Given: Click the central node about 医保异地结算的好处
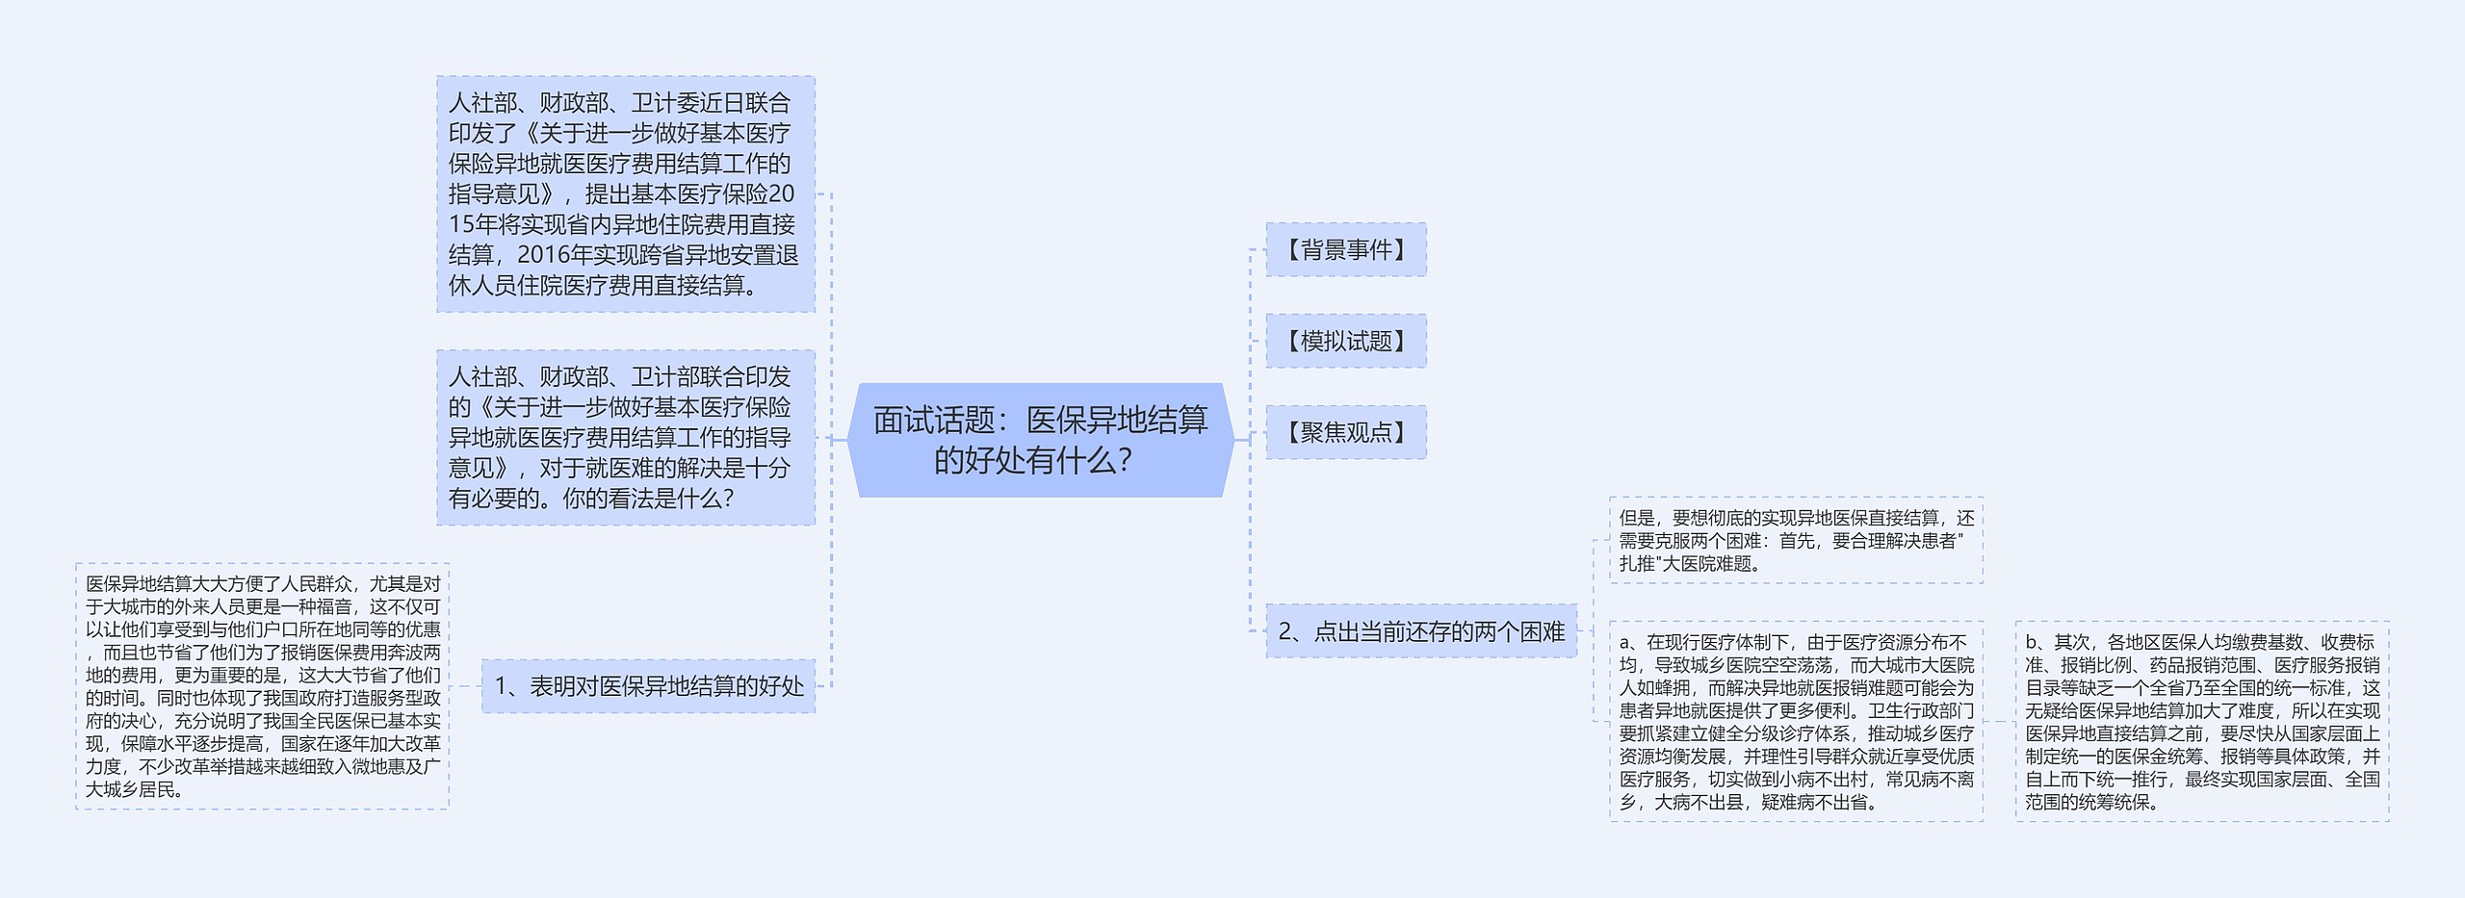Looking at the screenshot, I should pos(1040,440).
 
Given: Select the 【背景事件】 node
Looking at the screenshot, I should pos(1345,250).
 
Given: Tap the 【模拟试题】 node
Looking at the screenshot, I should pos(1345,341).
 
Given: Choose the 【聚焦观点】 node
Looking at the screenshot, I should pos(1345,432).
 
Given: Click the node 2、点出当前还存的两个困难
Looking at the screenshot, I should pos(1421,631).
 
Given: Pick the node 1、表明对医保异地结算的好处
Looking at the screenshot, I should pos(648,685).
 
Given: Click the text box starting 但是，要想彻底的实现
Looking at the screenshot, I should pos(1796,540).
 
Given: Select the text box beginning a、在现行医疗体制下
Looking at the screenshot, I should pos(1796,721).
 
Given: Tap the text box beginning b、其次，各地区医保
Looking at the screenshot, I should pos(2202,721).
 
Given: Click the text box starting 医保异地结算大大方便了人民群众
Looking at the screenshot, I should pos(262,685).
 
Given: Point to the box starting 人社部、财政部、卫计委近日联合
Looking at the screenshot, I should pos(625,193).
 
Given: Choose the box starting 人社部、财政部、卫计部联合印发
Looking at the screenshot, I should pos(625,437).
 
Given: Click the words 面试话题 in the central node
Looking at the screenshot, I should pos(934,420).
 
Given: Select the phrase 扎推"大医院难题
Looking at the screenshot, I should pos(1690,564).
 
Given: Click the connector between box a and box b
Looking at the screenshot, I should pos(1999,721).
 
